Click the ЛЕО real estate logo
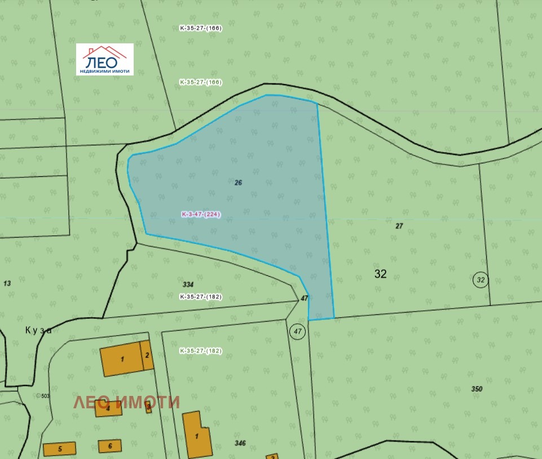pyautogui.click(x=105, y=59)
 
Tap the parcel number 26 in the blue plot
pyautogui.click(x=238, y=182)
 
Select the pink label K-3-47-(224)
pyautogui.click(x=201, y=215)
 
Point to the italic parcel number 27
pyautogui.click(x=399, y=226)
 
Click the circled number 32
pyautogui.click(x=481, y=279)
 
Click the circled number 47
pyautogui.click(x=297, y=332)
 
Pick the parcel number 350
pyautogui.click(x=477, y=389)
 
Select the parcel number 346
pyautogui.click(x=240, y=443)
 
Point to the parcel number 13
pyautogui.click(x=7, y=283)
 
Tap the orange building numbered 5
pyautogui.click(x=59, y=449)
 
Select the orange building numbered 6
pyautogui.click(x=110, y=446)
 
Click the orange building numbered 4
pyautogui.click(x=108, y=408)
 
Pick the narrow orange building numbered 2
pyautogui.click(x=147, y=355)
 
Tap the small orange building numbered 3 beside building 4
pyautogui.click(x=148, y=407)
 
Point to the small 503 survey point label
pyautogui.click(x=43, y=396)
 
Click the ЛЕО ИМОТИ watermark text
pyautogui.click(x=127, y=402)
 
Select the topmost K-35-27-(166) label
pyautogui.click(x=201, y=28)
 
